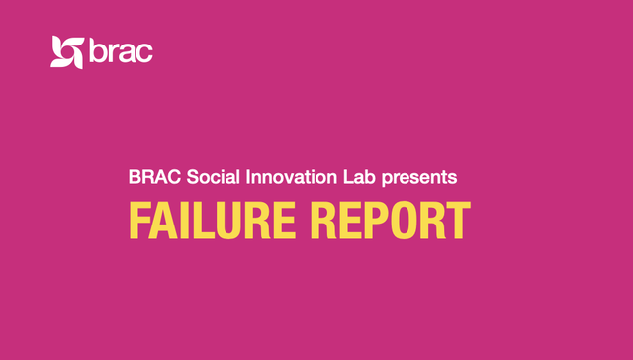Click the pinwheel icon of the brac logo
tap(67, 51)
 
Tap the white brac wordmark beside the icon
tap(121, 51)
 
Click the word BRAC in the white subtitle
tap(148, 178)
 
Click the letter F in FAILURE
tap(137, 221)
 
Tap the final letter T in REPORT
tap(456, 221)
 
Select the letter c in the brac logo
tap(143, 53)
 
